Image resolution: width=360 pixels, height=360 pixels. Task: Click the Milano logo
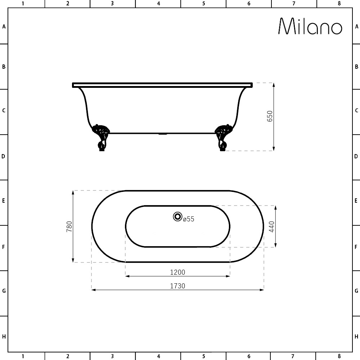point(310,26)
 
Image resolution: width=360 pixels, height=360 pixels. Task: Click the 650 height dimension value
point(270,116)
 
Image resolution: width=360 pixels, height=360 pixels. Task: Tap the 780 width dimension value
point(69,226)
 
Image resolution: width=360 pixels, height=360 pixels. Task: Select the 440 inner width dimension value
point(271,226)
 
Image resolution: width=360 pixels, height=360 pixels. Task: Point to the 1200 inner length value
point(177,272)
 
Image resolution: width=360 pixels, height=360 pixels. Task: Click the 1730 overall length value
point(177,286)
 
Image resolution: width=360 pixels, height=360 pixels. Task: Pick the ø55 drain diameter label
point(189,219)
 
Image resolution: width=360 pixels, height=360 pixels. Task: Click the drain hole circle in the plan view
point(177,216)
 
